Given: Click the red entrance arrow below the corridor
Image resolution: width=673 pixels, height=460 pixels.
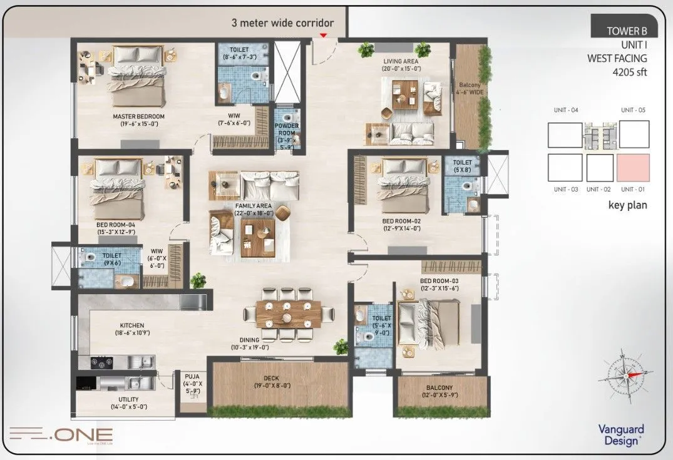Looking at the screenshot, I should point(323,36).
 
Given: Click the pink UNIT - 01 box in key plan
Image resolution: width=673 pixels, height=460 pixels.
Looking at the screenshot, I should point(633,168).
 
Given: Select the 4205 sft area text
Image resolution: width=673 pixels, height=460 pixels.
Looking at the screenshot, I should point(629,72).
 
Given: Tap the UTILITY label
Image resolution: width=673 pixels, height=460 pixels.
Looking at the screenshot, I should point(128,399).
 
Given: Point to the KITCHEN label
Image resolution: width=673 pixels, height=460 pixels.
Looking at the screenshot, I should point(132,325).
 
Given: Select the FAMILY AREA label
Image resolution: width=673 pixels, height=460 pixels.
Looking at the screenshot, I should point(254,205).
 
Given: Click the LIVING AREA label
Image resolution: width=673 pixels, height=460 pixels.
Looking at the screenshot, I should point(401,61).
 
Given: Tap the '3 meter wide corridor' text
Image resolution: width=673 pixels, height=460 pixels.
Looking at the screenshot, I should point(282,23).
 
